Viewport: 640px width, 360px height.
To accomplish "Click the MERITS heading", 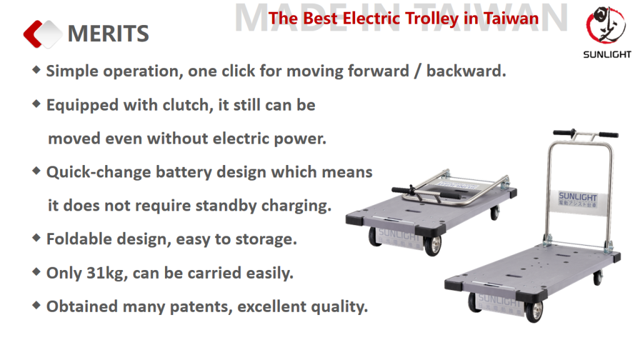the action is click(x=108, y=34).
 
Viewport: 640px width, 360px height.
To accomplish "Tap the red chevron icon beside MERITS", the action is click(x=33, y=34).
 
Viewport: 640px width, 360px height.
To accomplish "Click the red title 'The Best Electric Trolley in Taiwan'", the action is click(x=403, y=18).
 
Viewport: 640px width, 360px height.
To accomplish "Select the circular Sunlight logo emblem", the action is click(x=606, y=25).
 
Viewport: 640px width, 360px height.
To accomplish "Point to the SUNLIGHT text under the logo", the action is click(x=607, y=54).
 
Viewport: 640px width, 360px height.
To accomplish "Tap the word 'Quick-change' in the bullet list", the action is click(x=98, y=172).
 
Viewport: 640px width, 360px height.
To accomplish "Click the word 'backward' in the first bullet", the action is click(x=464, y=71).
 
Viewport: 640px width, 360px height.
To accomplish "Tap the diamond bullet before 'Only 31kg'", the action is click(x=36, y=271).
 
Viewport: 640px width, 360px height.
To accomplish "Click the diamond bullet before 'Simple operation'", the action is click(x=36, y=70).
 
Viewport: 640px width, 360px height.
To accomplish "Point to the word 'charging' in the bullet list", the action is click(x=294, y=206).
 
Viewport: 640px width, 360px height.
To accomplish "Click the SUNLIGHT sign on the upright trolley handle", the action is click(x=577, y=199).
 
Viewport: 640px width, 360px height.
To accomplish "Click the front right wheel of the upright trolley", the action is click(x=534, y=311).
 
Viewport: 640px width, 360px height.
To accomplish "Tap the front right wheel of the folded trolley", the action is click(x=432, y=245).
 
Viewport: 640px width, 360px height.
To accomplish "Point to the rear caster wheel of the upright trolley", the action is click(x=597, y=277).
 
